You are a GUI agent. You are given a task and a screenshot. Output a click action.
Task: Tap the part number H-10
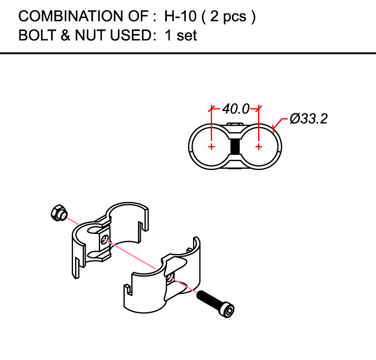click(180, 16)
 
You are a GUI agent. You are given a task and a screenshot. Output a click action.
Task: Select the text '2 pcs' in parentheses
click(228, 17)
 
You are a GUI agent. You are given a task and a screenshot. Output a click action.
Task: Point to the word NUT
click(91, 35)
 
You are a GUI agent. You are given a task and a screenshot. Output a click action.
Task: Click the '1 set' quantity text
click(181, 36)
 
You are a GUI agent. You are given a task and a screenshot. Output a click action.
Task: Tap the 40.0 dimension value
click(236, 109)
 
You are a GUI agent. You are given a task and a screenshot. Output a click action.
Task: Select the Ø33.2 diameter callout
click(309, 119)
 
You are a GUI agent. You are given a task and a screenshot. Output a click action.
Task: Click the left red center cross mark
click(211, 147)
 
